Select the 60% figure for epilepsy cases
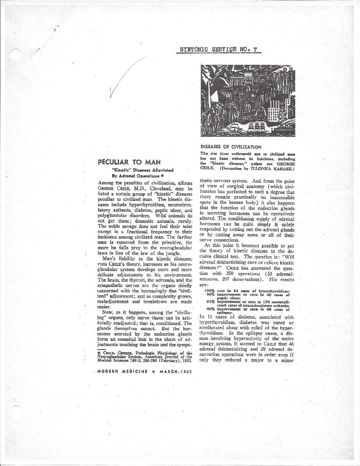pos(211,309)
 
